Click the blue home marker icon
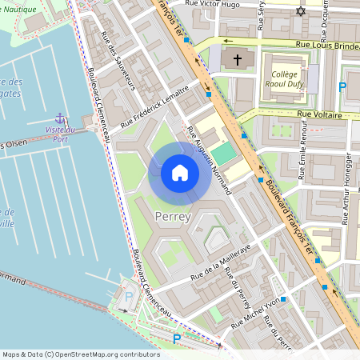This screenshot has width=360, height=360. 180,173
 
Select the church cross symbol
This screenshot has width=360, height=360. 237,60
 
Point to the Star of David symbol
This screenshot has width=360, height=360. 301,12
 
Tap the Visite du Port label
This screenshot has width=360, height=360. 59,134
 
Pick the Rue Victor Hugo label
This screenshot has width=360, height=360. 213,4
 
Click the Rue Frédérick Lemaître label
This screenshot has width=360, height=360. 154,107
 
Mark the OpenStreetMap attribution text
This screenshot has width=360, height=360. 81,354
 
